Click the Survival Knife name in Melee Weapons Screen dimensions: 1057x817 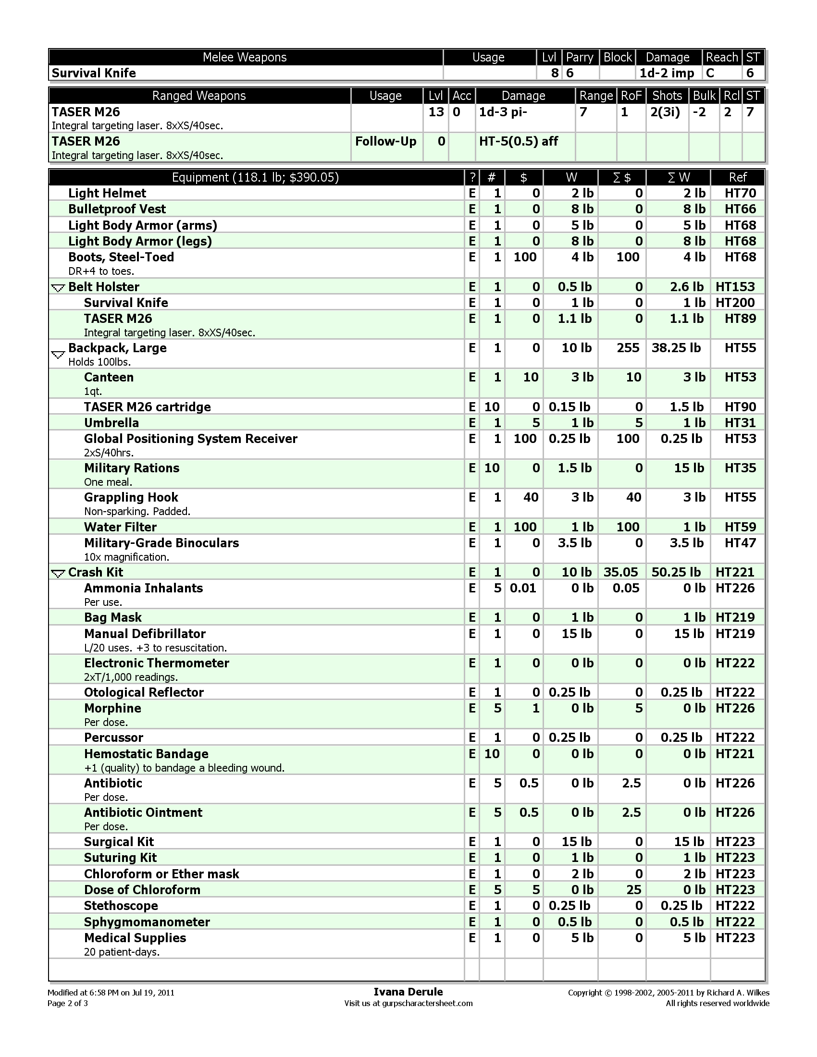coord(94,73)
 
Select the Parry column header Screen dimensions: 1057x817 coord(580,57)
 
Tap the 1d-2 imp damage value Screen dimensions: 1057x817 coord(667,73)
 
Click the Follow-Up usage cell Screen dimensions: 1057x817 coord(385,141)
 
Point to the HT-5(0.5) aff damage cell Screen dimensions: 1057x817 coord(519,141)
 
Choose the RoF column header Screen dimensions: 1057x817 coord(631,96)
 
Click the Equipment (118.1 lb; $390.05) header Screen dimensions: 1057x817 coord(256,177)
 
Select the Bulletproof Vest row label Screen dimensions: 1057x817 coord(117,209)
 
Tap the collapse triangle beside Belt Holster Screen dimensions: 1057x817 coord(58,288)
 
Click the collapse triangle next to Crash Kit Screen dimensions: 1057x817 coord(58,574)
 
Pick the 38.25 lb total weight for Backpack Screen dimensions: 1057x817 coord(676,348)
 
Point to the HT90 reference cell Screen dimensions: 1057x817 coord(740,407)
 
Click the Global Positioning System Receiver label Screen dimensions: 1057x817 coord(191,439)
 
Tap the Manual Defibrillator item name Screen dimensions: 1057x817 coord(145,634)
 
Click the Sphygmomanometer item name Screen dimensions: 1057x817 coord(147,922)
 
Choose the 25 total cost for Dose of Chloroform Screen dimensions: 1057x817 coord(633,889)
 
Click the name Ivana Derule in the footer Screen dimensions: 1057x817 coord(408,992)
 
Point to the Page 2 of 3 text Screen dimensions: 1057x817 coord(68,1003)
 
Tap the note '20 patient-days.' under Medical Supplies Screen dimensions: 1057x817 coord(122,952)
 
